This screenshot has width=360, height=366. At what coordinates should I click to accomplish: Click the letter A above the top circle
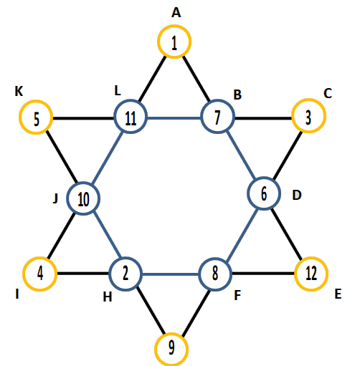pyautogui.click(x=176, y=13)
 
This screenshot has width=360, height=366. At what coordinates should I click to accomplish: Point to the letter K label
pyautogui.click(x=19, y=91)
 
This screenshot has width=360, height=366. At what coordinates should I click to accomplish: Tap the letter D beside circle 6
pyautogui.click(x=297, y=195)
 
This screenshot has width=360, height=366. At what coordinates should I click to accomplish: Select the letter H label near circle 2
pyautogui.click(x=108, y=297)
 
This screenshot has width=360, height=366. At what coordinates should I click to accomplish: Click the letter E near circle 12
pyautogui.click(x=338, y=294)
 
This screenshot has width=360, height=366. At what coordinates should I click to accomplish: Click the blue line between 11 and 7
pyautogui.click(x=174, y=118)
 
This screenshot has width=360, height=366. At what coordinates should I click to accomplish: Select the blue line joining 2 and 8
pyautogui.click(x=171, y=274)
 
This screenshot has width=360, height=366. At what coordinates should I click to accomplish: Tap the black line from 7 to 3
pyautogui.click(x=263, y=118)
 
